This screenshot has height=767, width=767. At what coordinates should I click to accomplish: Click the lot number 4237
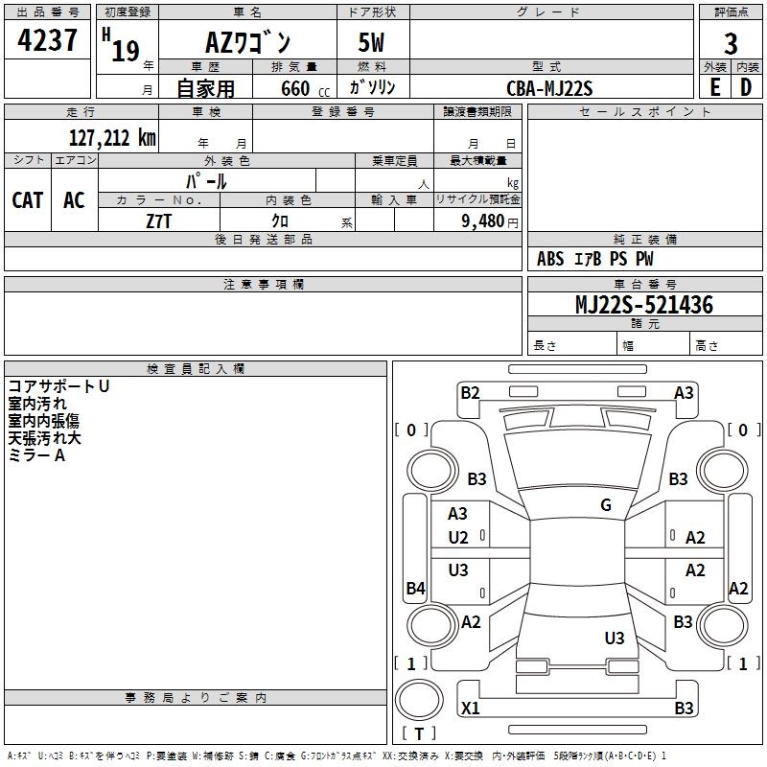(x=47, y=39)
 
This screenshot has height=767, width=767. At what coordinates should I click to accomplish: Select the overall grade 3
(x=731, y=44)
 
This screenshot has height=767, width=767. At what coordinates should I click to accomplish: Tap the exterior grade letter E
(x=714, y=87)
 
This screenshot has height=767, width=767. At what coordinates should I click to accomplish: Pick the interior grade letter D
(x=746, y=87)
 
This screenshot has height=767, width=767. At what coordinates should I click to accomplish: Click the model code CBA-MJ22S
(x=549, y=88)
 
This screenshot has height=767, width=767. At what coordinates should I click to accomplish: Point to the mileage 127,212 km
(x=112, y=138)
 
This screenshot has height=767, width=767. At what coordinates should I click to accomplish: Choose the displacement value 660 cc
(x=305, y=89)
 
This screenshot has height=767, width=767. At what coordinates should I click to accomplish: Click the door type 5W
(x=371, y=42)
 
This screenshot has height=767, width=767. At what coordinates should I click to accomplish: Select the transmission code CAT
(x=28, y=200)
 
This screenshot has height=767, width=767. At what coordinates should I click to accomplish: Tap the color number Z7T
(x=159, y=221)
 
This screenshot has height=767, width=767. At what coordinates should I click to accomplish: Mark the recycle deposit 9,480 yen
(x=490, y=221)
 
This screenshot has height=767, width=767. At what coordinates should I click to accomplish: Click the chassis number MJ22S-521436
(x=644, y=305)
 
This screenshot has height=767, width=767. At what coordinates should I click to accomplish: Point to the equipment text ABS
(x=550, y=259)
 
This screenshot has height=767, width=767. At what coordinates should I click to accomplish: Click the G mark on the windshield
(x=606, y=505)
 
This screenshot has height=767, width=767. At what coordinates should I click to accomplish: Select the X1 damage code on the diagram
(x=470, y=708)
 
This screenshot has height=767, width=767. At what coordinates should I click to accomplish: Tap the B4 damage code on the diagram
(x=415, y=588)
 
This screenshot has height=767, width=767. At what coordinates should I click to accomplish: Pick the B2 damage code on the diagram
(x=470, y=393)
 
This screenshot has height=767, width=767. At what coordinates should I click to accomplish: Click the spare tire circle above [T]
(x=419, y=700)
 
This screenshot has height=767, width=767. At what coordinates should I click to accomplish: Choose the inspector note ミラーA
(x=36, y=455)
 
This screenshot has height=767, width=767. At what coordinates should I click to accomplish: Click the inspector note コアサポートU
(x=58, y=386)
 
